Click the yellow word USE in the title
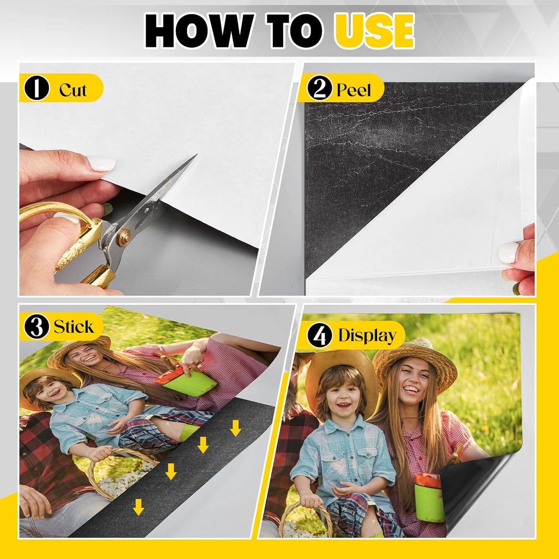[x=374, y=30]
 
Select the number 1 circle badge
[x=36, y=88]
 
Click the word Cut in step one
[x=73, y=90]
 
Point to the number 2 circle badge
[x=320, y=89]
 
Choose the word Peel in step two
[x=354, y=90]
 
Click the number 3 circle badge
[x=36, y=327]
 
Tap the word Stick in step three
[x=74, y=327]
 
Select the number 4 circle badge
[x=320, y=335]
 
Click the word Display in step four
[x=367, y=335]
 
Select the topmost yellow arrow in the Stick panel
[x=235, y=428]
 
